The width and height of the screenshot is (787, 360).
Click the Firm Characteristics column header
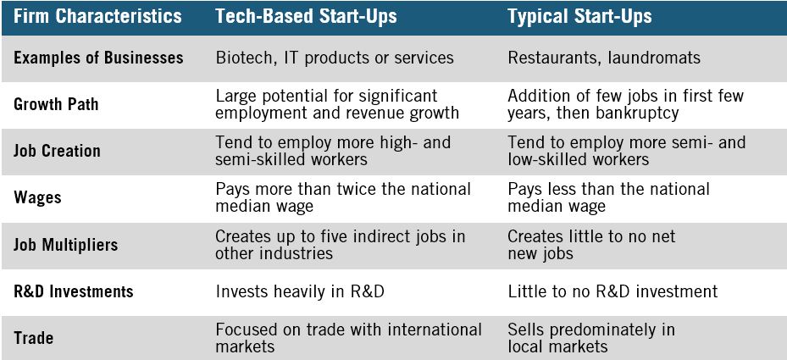tap(97, 16)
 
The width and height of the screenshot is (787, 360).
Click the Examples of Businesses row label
tap(98, 58)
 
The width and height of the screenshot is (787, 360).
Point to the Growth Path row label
tap(56, 104)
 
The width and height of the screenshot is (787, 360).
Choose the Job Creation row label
tap(57, 151)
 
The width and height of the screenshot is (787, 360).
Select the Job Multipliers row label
tap(65, 245)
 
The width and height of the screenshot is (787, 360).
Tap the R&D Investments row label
tap(74, 291)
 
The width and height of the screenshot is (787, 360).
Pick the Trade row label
tap(33, 338)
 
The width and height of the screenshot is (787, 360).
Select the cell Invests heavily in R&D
tap(299, 291)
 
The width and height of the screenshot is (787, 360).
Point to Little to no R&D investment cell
tap(612, 291)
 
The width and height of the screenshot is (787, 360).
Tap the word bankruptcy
tap(629, 113)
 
